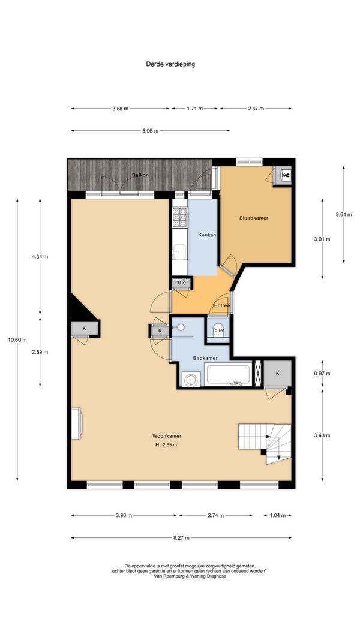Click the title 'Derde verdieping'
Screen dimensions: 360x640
pos(170,64)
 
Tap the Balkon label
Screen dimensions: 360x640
pos(140,175)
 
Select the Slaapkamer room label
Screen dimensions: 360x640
pos(253,218)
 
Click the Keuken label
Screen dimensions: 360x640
pos(207,235)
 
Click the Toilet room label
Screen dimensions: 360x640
pos(218,330)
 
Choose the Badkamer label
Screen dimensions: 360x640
pos(205,358)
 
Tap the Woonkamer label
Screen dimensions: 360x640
pos(167,436)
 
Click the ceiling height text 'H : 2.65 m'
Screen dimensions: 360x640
pos(167,445)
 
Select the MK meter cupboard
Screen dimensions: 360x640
pos(181,283)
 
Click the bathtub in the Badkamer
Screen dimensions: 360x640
pos(229,375)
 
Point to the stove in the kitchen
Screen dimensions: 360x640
pos(180,217)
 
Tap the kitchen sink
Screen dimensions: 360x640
pos(179,253)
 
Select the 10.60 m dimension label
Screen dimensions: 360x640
pos(18,339)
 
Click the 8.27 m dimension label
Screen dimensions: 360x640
pos(182,538)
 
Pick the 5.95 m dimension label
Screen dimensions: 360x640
pos(150,131)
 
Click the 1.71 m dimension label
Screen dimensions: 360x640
pos(194,109)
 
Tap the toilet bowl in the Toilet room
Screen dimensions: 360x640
pos(218,334)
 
